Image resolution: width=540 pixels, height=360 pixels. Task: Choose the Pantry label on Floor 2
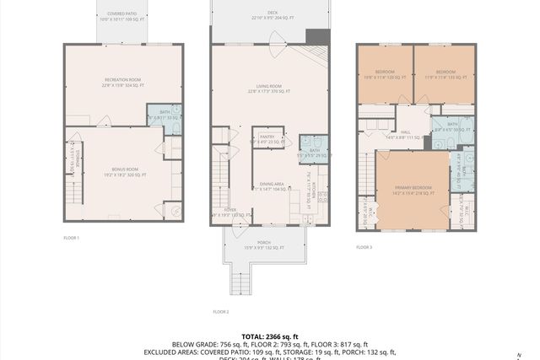[267, 139]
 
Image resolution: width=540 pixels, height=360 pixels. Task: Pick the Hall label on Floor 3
[405, 133]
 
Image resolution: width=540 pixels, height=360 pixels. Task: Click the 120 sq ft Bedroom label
[385, 75]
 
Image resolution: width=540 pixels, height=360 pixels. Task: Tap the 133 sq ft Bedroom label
[444, 75]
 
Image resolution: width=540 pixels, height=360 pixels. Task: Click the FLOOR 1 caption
[71, 239]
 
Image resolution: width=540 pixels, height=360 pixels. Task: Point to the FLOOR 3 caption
[363, 247]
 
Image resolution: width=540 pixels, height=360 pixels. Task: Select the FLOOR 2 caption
[221, 311]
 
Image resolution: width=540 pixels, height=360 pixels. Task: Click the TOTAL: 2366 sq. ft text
[269, 336]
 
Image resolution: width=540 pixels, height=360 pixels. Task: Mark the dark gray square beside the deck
[316, 37]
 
